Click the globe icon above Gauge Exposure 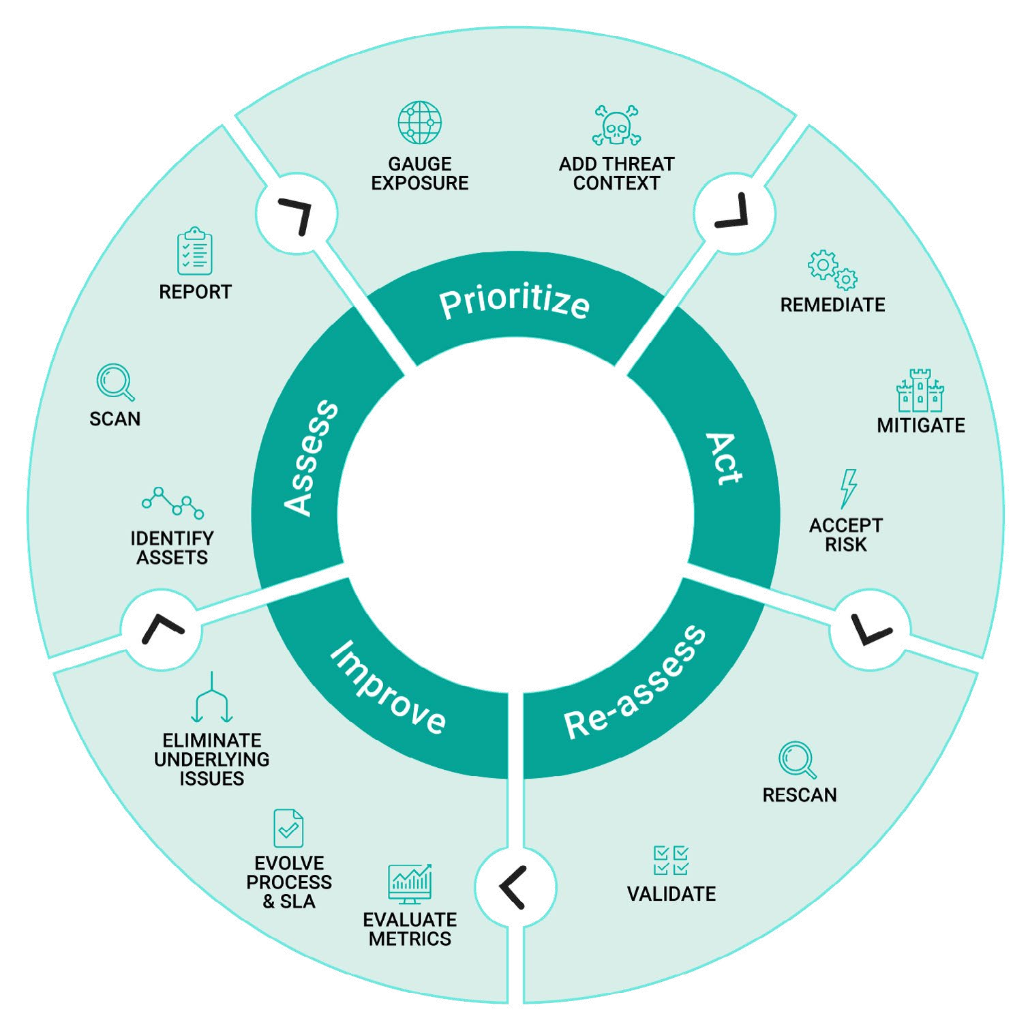click(419, 123)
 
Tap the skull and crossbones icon click(616, 125)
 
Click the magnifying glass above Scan click(115, 383)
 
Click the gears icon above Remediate click(832, 269)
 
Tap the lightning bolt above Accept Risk click(847, 488)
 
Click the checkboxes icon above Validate click(671, 860)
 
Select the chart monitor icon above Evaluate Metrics click(410, 884)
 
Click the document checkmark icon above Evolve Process click(288, 828)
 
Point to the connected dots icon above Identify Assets click(172, 503)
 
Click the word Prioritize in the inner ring click(514, 303)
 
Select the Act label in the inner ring click(724, 458)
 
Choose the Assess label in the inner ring click(311, 458)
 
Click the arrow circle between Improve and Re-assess click(515, 887)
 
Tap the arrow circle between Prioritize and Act click(733, 213)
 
